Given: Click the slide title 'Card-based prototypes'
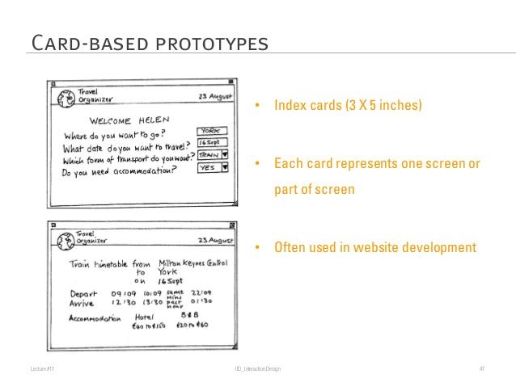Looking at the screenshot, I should pos(148,41).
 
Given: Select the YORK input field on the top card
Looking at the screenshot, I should pos(212,130).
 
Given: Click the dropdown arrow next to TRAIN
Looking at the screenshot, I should pos(225,155).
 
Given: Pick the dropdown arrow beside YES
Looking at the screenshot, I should pos(225,168).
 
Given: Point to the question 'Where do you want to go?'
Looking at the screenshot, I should pos(115,133).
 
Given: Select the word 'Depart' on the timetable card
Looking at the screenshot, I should pos(84,293).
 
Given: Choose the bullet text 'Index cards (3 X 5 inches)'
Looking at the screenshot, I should pos(348,106).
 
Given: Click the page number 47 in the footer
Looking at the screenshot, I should pos(481,369).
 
